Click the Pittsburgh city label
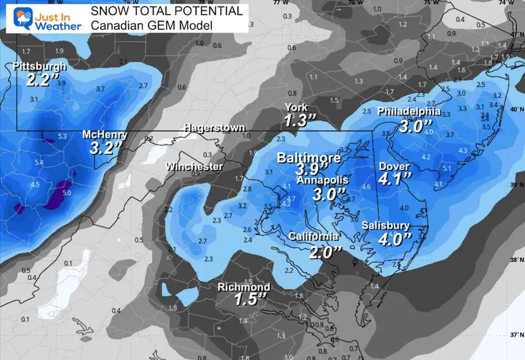pyautogui.click(x=39, y=67)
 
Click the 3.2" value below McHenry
pyautogui.click(x=104, y=148)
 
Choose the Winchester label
pyautogui.click(x=194, y=167)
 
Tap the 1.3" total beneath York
pyautogui.click(x=300, y=120)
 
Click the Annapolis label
pyautogui.click(x=323, y=180)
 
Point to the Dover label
pyautogui.click(x=394, y=167)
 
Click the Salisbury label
pyautogui.click(x=386, y=226)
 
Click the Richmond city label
pyautogui.click(x=243, y=287)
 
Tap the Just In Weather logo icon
pyautogui.click(x=17, y=19)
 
